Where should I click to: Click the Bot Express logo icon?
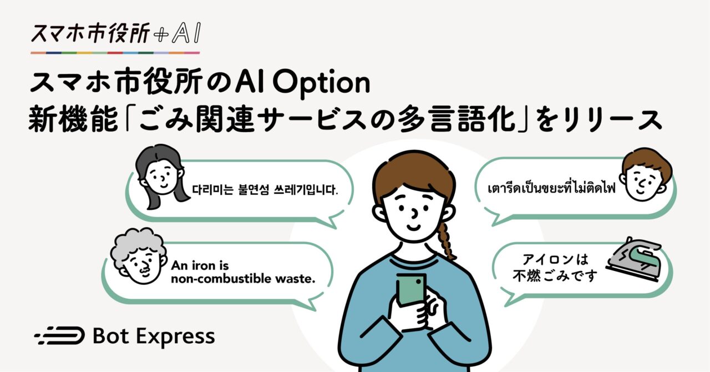click(59, 335)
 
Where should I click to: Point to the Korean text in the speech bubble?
click(265, 190)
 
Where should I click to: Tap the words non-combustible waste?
click(243, 279)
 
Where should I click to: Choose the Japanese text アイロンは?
click(555, 260)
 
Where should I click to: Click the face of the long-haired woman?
click(163, 177)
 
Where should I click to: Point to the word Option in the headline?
click(321, 83)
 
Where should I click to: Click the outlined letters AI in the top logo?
click(186, 33)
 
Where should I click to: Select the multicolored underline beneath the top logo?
click(115, 53)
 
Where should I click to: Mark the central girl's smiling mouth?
click(413, 227)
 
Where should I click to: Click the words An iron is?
click(200, 265)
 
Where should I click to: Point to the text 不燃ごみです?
click(555, 275)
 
